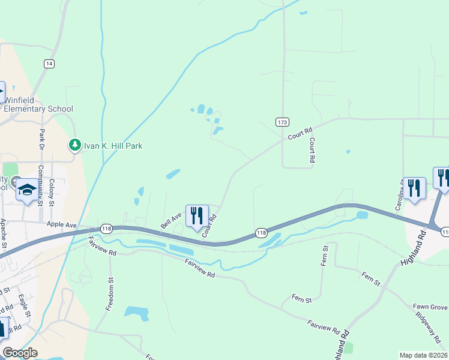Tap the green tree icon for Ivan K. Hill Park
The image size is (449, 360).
coord(74,145)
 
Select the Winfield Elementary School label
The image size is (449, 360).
coord(38,104)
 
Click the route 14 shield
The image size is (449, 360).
coord(49,64)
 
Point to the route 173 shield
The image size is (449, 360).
coord(282,122)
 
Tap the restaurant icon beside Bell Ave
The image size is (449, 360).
coord(197,215)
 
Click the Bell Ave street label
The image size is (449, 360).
coord(171,220)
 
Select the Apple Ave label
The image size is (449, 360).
coord(62,224)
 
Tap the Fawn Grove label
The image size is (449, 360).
coord(430,307)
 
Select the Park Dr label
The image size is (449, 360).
coord(42,140)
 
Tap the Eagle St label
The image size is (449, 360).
coord(22,304)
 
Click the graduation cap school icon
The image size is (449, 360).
coord(26,190)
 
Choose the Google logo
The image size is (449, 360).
coord(20,353)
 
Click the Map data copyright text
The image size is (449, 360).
coord(423,355)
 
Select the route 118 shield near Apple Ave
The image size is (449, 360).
coord(106,229)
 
